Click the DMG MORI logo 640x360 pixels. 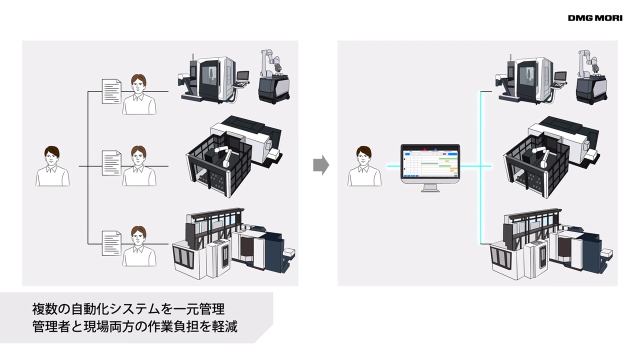coord(595,18)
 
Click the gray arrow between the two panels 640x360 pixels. coord(320,165)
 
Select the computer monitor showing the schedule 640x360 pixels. coord(430,165)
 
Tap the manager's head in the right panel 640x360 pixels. coord(364,156)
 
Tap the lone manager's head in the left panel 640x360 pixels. coord(52,156)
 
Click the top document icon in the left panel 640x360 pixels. coord(111,91)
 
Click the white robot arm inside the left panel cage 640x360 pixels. coord(223,155)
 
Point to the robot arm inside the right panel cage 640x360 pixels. coord(541,155)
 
